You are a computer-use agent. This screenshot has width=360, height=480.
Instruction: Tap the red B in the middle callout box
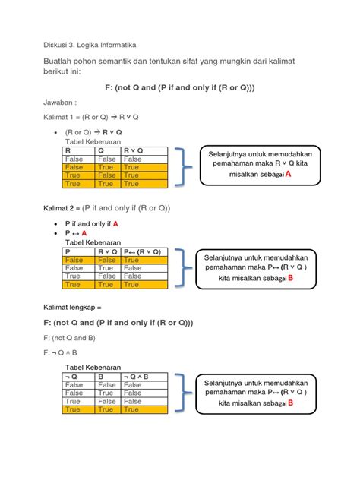(x=290, y=279)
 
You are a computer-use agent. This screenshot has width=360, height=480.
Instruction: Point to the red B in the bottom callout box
(x=290, y=403)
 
